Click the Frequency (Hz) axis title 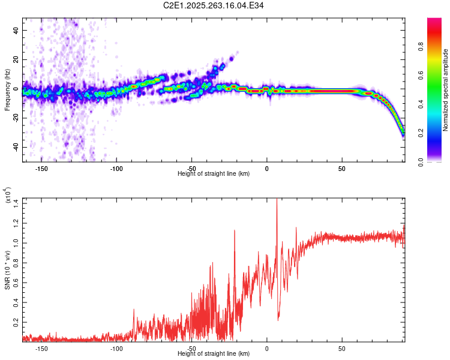tap(7, 89)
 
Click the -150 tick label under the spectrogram tap(41, 167)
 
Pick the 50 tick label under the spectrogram tap(342, 167)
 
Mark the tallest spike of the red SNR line tap(277, 200)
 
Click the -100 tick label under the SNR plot tap(116, 349)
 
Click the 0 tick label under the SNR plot tap(267, 349)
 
